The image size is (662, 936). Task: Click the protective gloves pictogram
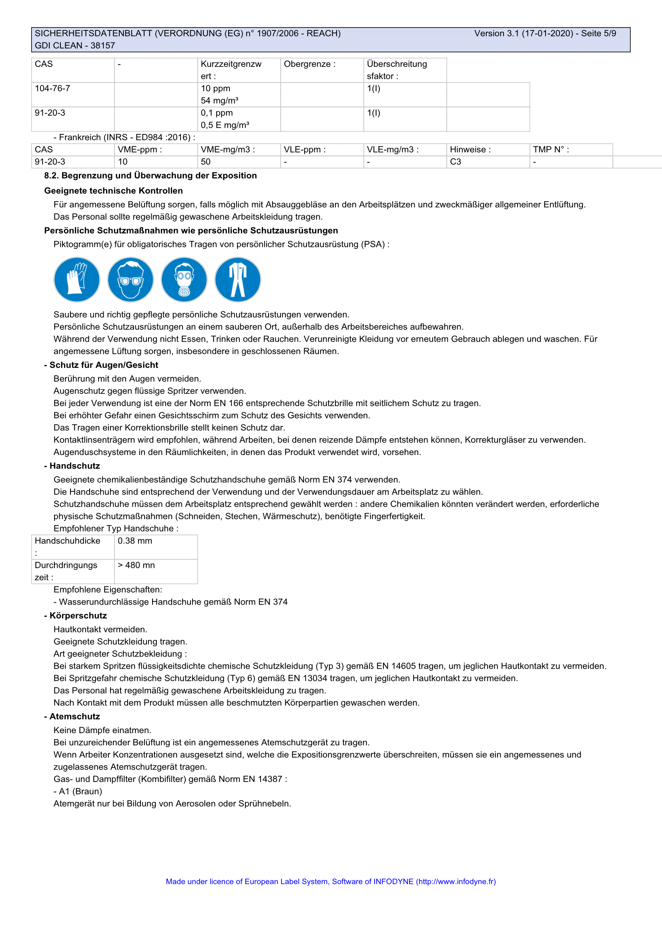[x=76, y=280]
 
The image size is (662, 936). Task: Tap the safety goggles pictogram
[x=130, y=280]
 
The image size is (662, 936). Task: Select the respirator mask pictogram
[x=184, y=280]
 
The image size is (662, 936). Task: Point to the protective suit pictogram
[x=238, y=280]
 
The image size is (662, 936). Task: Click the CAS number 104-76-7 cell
[x=52, y=88]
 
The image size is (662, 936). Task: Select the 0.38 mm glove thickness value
[x=135, y=541]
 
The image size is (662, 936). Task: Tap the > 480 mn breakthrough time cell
[x=136, y=565]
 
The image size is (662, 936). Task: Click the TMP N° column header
[x=551, y=150]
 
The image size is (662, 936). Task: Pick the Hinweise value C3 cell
[x=455, y=162]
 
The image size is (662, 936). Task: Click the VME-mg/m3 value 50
[x=206, y=162]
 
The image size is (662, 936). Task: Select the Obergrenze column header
[x=309, y=64]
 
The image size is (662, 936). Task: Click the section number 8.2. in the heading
[x=51, y=176]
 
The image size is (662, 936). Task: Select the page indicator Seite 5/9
[x=598, y=34]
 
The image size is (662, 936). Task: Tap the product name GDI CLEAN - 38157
[x=75, y=46]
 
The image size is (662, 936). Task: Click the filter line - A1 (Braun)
[x=78, y=791]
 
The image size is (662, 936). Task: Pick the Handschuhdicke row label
[x=67, y=541]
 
